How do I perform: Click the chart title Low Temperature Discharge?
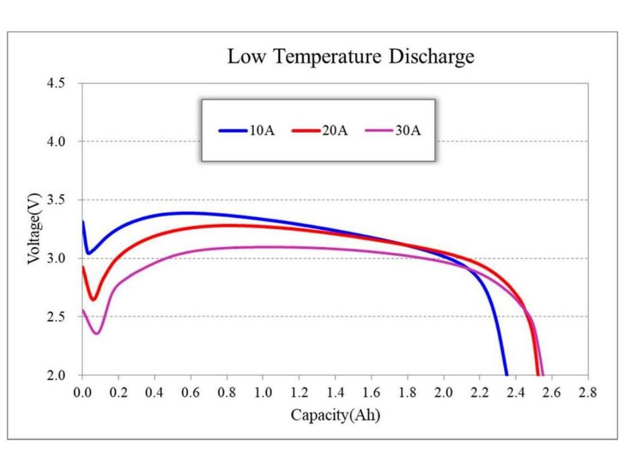pyautogui.click(x=351, y=56)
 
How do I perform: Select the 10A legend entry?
pyautogui.click(x=247, y=131)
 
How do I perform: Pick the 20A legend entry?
pyautogui.click(x=320, y=131)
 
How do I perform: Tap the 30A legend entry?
pyautogui.click(x=393, y=131)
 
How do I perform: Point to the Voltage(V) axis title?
pyautogui.click(x=34, y=228)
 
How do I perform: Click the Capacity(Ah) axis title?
pyautogui.click(x=335, y=415)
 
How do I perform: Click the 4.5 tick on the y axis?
pyautogui.click(x=56, y=83)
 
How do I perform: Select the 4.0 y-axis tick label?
pyautogui.click(x=56, y=142)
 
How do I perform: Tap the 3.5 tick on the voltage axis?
pyautogui.click(x=56, y=200)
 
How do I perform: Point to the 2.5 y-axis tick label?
pyautogui.click(x=56, y=316)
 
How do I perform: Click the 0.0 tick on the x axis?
pyautogui.click(x=83, y=393)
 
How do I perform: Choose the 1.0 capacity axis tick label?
pyautogui.click(x=263, y=393)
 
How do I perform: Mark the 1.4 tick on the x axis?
pyautogui.click(x=335, y=393)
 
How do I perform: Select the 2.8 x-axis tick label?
pyautogui.click(x=588, y=393)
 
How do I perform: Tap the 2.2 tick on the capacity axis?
pyautogui.click(x=479, y=393)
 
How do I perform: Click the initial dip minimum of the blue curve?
pyautogui.click(x=89, y=253)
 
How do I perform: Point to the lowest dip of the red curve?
pyautogui.click(x=93, y=299)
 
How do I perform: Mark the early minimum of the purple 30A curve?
pyautogui.click(x=97, y=333)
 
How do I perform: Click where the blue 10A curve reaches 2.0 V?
pyautogui.click(x=507, y=375)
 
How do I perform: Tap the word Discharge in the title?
pyautogui.click(x=431, y=56)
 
